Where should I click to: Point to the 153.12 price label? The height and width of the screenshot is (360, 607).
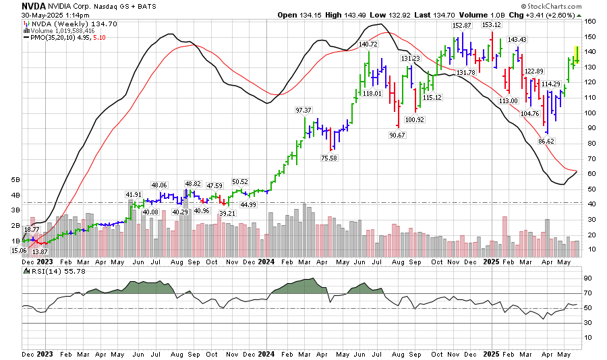coord(492,25)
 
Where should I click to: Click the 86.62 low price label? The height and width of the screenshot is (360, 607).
coord(546,141)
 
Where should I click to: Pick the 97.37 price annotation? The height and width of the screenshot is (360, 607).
coord(303,110)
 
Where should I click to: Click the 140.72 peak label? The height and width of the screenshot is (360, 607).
coord(368,44)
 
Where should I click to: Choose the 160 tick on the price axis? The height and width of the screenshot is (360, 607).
coord(591,21)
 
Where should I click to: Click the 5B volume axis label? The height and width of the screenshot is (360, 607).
coord(16,181)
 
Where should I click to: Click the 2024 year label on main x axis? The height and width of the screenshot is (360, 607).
coord(266,261)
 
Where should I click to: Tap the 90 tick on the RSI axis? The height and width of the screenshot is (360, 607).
coord(589,277)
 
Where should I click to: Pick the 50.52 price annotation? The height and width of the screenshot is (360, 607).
coord(240,182)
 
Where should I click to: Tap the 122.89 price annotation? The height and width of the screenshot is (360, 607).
coord(533,71)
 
